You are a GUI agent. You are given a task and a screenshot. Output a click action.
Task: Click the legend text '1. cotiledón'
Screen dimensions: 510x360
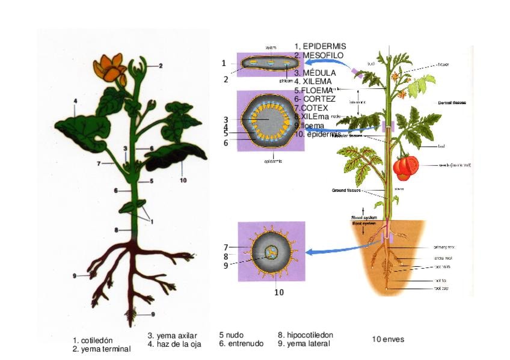(x=93, y=340)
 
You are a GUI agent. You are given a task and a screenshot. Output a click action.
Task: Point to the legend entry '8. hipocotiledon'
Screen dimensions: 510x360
(x=306, y=335)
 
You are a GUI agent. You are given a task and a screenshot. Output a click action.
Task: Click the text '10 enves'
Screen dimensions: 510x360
(x=388, y=340)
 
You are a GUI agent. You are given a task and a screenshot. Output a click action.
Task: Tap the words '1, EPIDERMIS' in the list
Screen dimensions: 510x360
(x=321, y=46)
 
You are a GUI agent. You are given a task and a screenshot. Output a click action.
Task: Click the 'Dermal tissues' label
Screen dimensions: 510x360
(x=452, y=103)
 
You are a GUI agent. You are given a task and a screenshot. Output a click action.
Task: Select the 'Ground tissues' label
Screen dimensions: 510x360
(x=347, y=191)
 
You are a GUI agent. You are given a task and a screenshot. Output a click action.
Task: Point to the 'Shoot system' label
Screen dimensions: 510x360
(x=363, y=218)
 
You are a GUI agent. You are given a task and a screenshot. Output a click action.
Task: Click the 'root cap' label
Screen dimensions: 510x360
(x=441, y=288)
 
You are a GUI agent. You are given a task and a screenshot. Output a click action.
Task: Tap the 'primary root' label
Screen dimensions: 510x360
(x=444, y=247)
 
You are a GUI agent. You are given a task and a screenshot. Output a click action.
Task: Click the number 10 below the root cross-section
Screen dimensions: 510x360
(x=279, y=293)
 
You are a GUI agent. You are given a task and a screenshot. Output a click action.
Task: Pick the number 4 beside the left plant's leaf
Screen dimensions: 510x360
(x=75, y=100)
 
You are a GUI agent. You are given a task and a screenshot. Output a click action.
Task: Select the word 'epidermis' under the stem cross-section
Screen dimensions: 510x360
(x=274, y=161)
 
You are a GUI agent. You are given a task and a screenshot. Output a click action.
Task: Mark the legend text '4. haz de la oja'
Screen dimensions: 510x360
(x=174, y=344)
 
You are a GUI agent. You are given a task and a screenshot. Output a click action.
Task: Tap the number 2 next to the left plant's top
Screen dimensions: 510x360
(x=161, y=66)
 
